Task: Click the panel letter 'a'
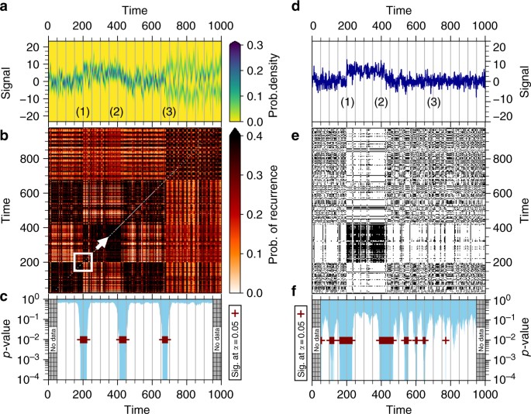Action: click(x=5, y=7)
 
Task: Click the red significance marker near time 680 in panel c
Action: click(x=164, y=340)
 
